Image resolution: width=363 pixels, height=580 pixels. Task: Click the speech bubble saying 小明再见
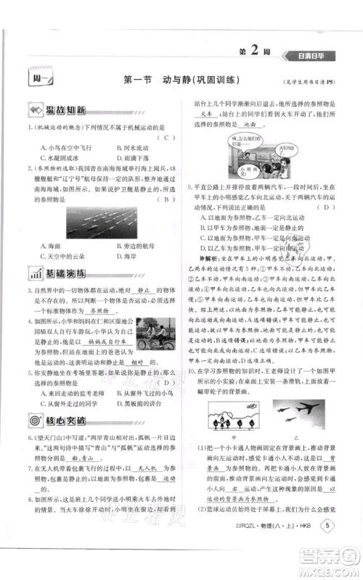[250, 171]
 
